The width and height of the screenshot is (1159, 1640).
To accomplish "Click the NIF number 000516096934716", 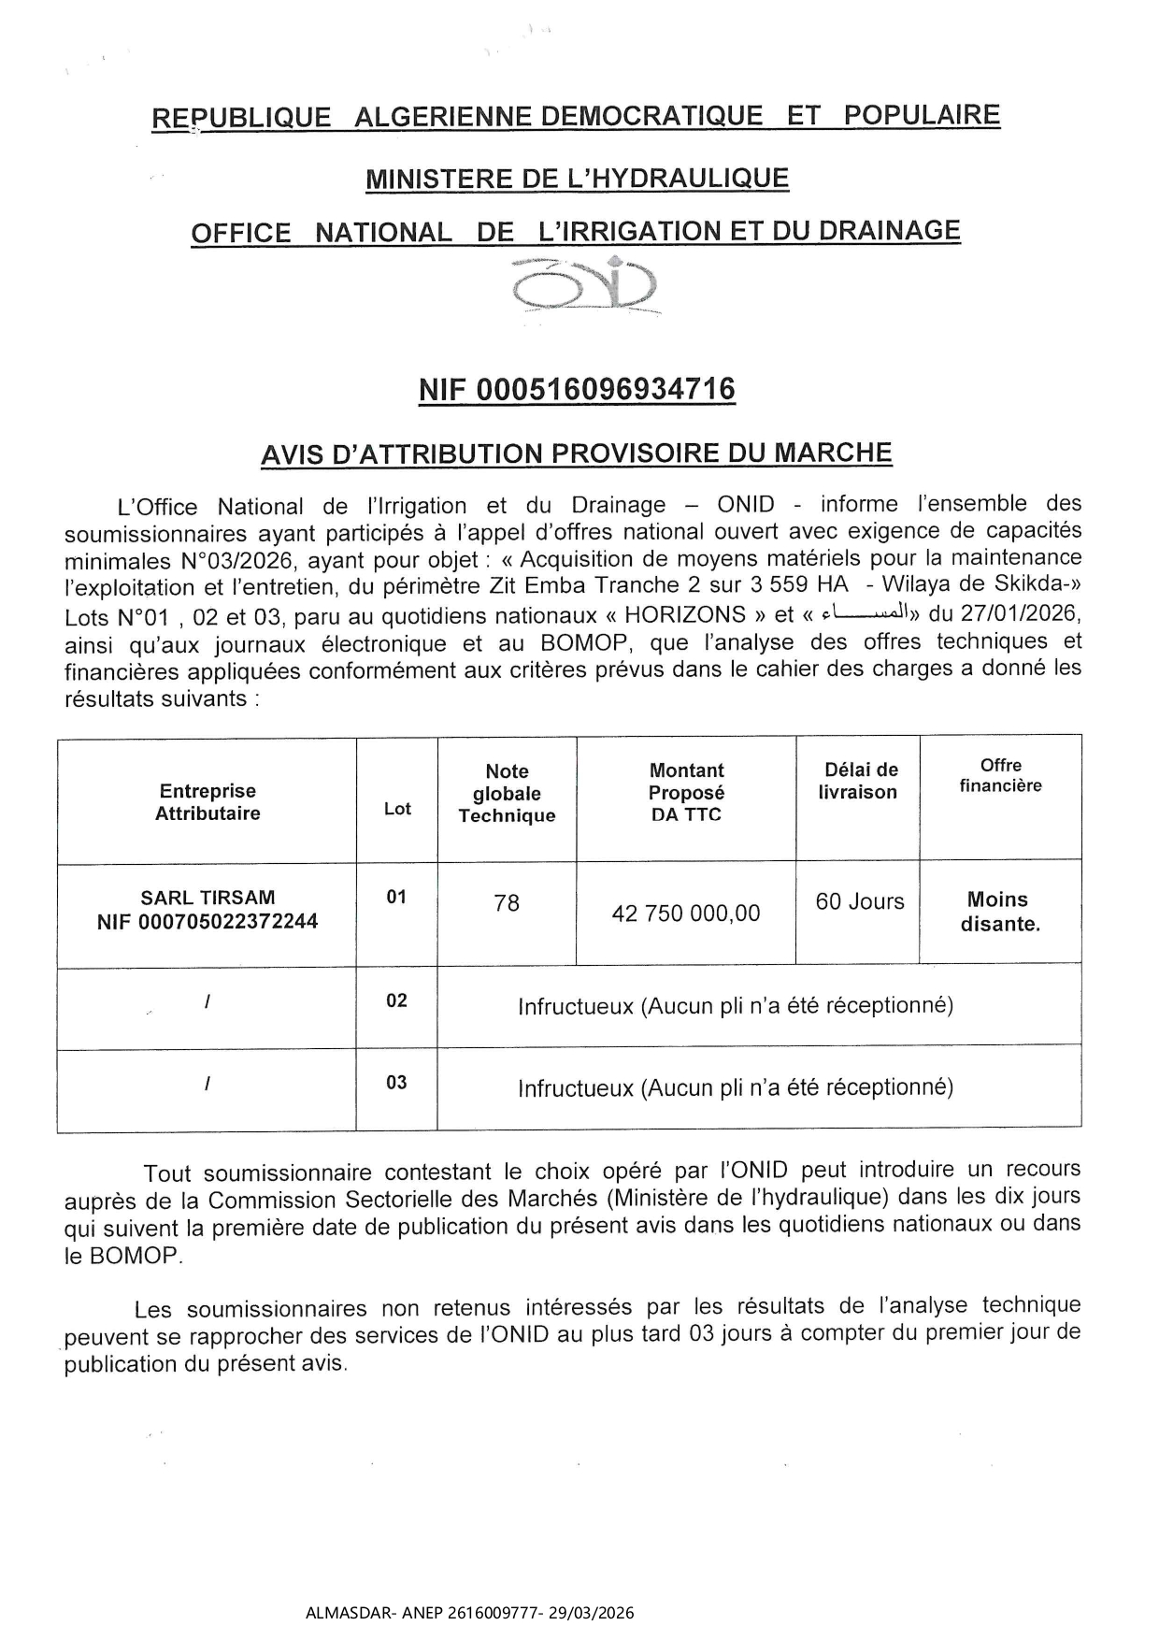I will pos(577,389).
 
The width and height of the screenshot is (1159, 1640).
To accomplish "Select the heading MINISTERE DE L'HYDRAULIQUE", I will pos(577,179).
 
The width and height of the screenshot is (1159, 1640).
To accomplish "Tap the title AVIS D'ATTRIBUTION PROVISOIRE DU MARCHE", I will pos(577,453).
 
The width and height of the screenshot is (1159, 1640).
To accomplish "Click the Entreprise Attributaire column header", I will pos(207,802).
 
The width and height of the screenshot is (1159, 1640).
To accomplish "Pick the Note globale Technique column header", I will pos(507,794).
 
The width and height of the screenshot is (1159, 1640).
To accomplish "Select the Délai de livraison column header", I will pos(860,781).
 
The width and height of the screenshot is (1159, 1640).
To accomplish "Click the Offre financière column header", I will pos(1000,775).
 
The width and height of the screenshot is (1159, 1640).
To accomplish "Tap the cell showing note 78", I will pos(507,903).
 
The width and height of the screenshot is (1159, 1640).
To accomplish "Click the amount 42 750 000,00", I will pos(686,914).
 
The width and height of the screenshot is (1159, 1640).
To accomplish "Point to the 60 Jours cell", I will pos(860,901).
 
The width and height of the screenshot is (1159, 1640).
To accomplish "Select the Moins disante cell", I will pos(1000,912).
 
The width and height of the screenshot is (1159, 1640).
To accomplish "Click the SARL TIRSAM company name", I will pos(207,898).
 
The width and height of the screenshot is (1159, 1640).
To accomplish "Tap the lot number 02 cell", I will pos(396,1000).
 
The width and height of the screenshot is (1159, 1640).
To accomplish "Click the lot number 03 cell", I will pos(396,1083).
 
